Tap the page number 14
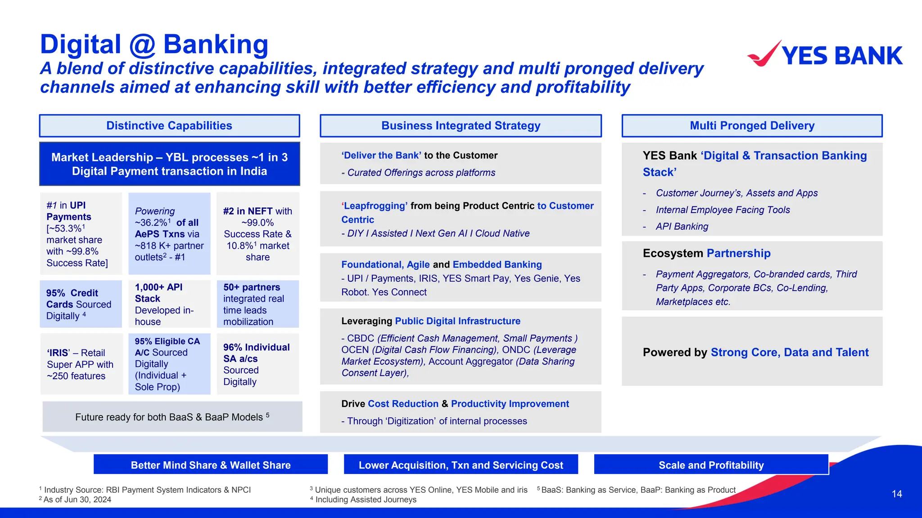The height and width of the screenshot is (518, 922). click(x=896, y=494)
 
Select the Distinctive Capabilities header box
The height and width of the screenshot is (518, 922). click(x=169, y=125)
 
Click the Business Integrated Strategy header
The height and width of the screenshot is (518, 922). click(x=461, y=125)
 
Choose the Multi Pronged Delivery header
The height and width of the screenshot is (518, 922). click(x=752, y=125)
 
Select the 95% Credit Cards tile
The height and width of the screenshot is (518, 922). click(x=81, y=304)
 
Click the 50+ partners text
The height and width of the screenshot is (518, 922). click(x=252, y=287)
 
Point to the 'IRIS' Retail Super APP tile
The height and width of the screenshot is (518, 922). click(x=81, y=364)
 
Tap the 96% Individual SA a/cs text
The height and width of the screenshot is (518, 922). click(x=256, y=353)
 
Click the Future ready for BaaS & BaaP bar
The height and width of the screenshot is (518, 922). click(x=172, y=417)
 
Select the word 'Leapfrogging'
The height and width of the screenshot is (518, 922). click(x=375, y=206)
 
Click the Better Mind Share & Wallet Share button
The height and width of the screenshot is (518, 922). click(x=210, y=465)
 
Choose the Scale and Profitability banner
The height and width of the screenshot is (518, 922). click(x=711, y=465)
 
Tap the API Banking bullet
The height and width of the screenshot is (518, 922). click(x=682, y=227)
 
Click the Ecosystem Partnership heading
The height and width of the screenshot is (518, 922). click(x=706, y=253)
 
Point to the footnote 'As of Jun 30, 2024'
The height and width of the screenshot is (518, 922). click(x=77, y=500)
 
